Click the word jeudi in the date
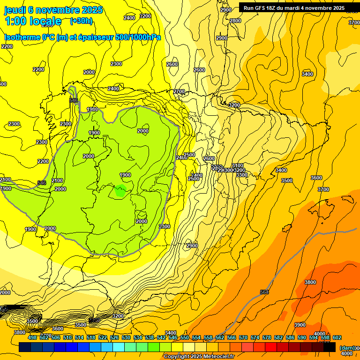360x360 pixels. [x=15, y=10]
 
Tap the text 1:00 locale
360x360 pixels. [x=33, y=21]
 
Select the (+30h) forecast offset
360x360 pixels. [x=81, y=21]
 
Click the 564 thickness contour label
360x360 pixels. [x=264, y=292]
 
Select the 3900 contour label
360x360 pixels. [x=300, y=325]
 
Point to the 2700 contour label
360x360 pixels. [x=179, y=91]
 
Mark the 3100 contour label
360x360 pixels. [x=238, y=165]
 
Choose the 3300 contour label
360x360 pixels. [x=241, y=175]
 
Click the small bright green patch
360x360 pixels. [x=120, y=191]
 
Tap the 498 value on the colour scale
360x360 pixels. [x=32, y=337]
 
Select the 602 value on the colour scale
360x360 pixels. [x=337, y=337]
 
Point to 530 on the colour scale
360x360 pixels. [x=126, y=337]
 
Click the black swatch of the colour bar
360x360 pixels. [x=330, y=347]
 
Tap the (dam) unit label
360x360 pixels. [x=347, y=348]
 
